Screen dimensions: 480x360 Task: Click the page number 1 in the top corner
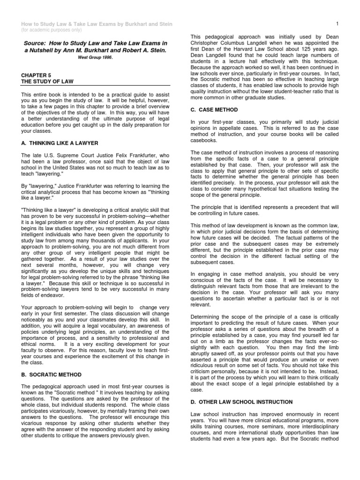(337, 23)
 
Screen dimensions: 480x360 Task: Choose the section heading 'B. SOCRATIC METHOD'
(52, 375)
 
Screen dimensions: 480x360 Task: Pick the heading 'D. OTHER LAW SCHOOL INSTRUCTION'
(242, 402)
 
